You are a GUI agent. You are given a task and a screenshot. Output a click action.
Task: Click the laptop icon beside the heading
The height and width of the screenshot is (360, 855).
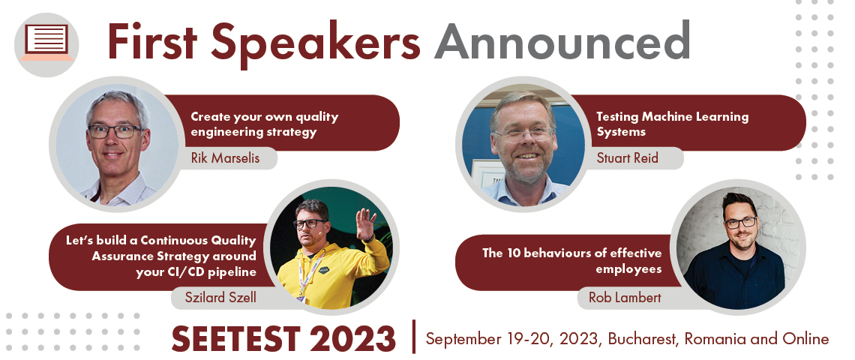[46, 43]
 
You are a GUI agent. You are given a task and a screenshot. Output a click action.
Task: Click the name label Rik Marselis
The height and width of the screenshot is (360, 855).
[226, 158]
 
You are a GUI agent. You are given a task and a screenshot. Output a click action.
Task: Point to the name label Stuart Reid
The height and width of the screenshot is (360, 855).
[627, 158]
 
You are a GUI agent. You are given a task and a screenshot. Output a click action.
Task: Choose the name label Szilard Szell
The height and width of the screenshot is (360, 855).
[220, 297]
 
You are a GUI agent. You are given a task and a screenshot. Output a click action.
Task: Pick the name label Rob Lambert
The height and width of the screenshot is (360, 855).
[624, 297]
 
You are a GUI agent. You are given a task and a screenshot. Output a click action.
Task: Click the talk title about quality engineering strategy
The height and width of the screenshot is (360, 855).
[265, 124]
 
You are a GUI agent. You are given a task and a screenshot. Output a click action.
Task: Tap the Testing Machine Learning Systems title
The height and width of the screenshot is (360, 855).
[672, 124]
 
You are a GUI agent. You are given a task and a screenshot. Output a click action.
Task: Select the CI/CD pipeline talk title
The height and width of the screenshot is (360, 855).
[160, 256]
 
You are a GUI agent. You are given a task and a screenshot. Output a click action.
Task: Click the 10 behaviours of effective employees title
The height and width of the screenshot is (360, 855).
[572, 261]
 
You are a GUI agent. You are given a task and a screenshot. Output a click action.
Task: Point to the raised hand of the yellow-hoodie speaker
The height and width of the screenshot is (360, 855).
[365, 223]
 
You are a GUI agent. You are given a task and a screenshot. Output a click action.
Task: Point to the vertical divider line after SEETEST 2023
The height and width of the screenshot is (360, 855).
[415, 337]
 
